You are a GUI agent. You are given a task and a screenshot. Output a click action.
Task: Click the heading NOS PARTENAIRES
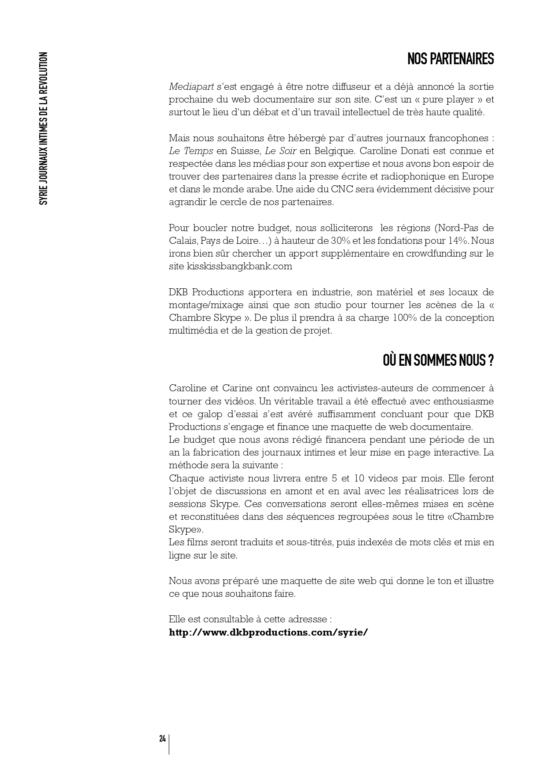(x=451, y=59)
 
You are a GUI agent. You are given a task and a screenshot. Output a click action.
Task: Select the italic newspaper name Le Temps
(x=191, y=151)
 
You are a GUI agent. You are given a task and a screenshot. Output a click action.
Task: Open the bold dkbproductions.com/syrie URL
(x=268, y=632)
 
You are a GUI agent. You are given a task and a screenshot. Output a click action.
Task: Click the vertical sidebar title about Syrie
(x=43, y=128)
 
